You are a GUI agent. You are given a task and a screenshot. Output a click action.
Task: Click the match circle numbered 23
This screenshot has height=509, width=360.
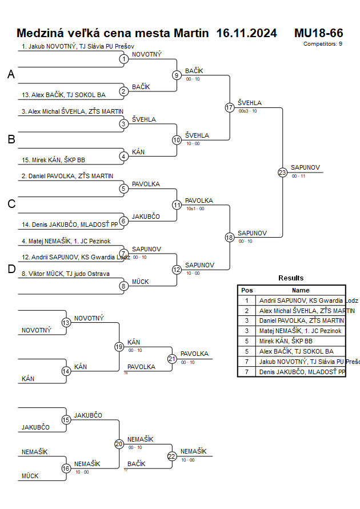[282, 173]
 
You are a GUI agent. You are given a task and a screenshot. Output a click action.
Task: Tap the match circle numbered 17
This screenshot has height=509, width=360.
[230, 107]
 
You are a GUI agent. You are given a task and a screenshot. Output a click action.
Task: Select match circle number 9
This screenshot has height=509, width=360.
[177, 75]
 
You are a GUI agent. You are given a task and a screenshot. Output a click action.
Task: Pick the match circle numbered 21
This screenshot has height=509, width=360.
[172, 359]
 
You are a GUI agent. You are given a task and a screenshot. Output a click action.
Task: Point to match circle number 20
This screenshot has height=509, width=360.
[119, 444]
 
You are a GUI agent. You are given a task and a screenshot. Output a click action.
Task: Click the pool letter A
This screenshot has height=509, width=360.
[11, 74]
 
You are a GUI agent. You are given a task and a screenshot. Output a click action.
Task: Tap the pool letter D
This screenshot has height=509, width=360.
[11, 269]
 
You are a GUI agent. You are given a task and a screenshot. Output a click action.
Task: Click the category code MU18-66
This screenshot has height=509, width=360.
[318, 33]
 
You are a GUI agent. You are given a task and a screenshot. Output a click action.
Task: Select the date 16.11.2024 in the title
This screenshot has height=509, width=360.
[247, 33]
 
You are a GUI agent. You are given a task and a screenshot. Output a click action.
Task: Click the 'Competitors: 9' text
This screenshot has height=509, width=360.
[323, 43]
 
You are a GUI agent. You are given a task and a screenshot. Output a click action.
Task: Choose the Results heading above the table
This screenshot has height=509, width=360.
[291, 278]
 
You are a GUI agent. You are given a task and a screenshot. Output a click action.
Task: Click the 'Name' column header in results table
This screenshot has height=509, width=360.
[301, 290]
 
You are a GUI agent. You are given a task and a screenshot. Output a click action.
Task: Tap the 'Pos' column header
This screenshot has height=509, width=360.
[247, 290]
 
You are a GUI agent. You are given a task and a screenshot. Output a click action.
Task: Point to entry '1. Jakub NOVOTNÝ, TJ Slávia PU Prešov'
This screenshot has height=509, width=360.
[78, 46]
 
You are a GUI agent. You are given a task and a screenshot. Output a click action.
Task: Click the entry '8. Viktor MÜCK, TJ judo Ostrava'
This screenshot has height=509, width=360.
[66, 274]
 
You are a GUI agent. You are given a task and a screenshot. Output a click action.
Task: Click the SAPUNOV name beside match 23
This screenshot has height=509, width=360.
[305, 167]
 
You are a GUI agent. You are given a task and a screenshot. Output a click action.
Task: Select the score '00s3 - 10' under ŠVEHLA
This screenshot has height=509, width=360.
[247, 111]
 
